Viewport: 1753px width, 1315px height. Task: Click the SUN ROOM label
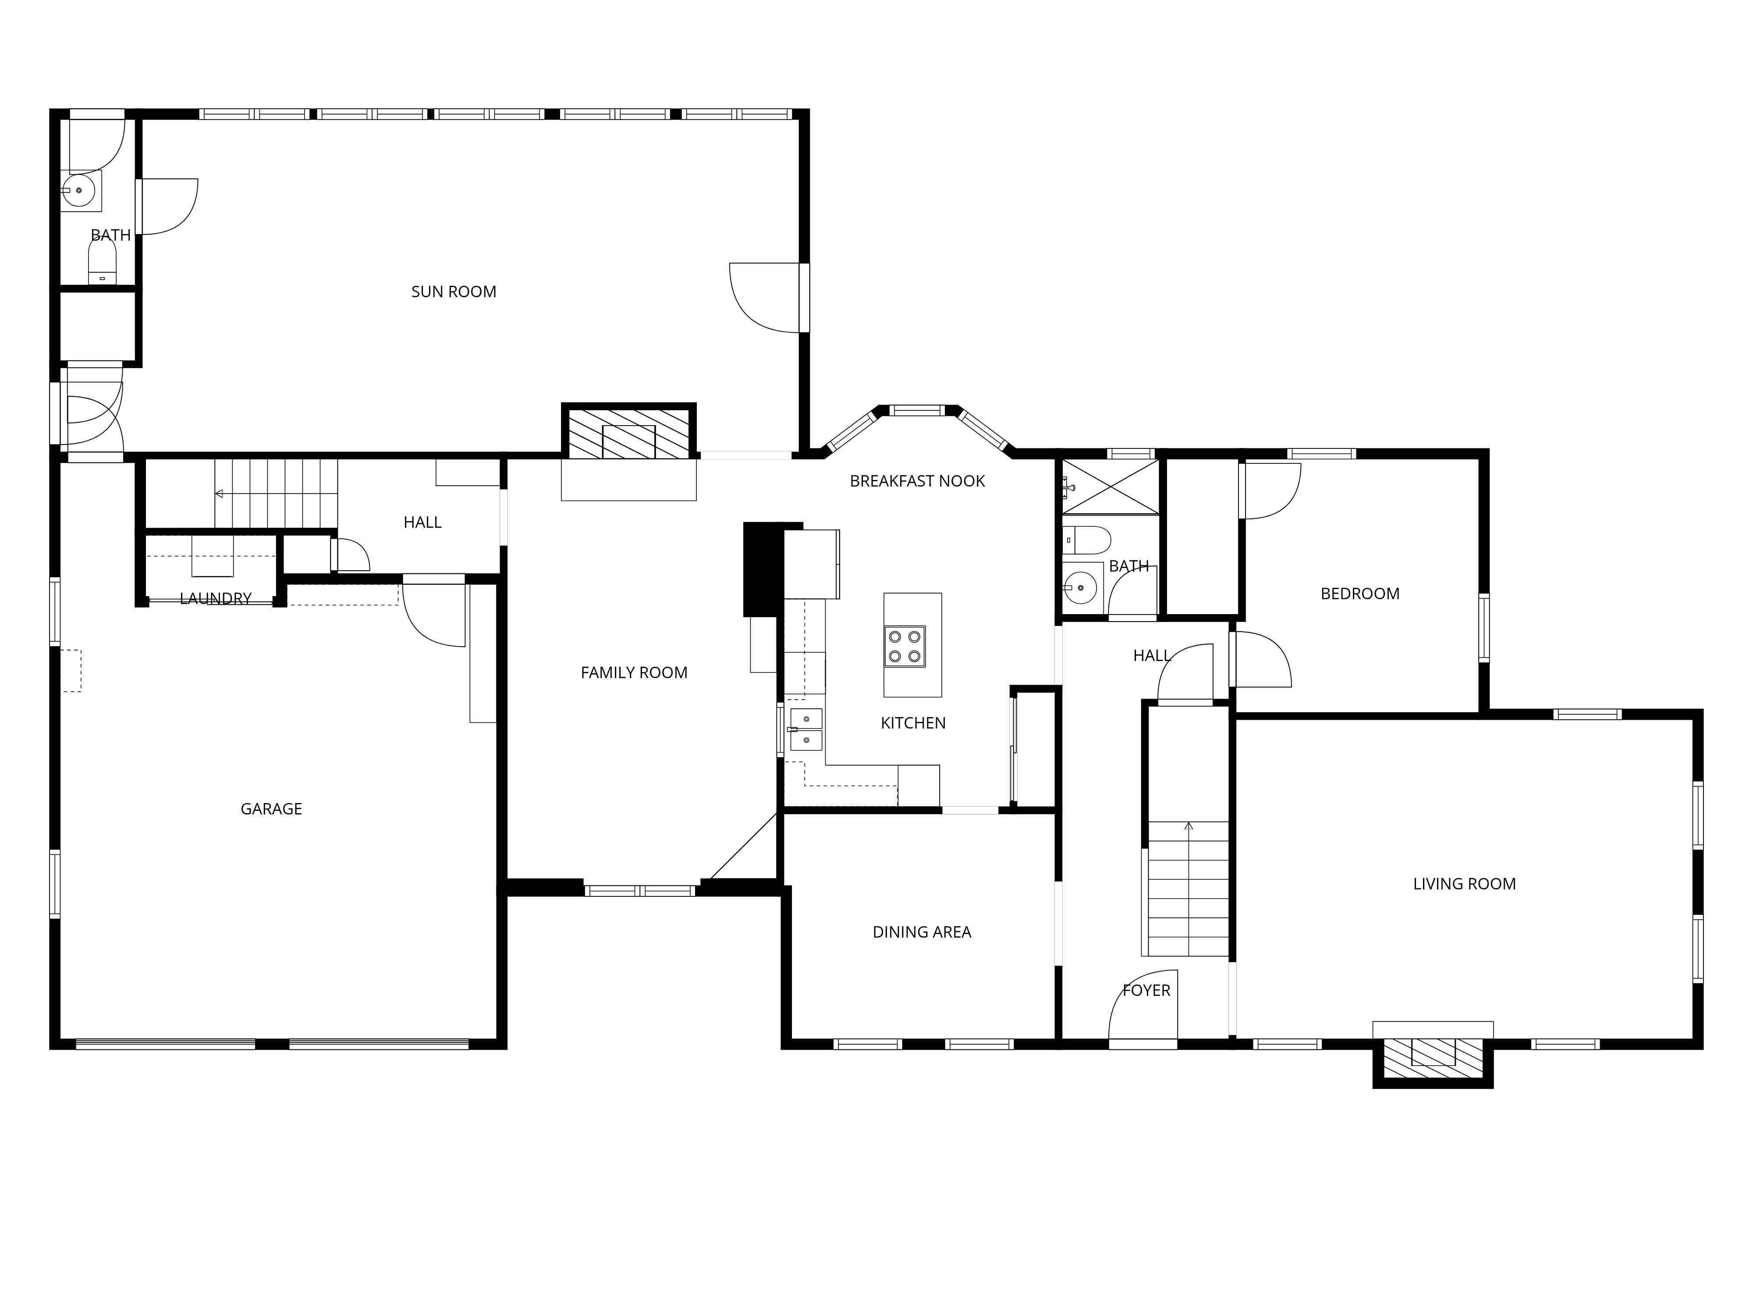pyautogui.click(x=453, y=291)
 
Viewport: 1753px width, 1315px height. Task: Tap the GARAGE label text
pyautogui.click(x=271, y=808)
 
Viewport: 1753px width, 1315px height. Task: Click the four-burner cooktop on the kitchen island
pyautogui.click(x=904, y=646)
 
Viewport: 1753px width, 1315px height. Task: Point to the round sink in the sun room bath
pyautogui.click(x=79, y=190)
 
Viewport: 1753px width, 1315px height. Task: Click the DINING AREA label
pyautogui.click(x=922, y=932)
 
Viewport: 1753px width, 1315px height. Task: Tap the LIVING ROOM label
pyautogui.click(x=1464, y=884)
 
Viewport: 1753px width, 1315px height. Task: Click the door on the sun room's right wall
pyautogui.click(x=765, y=297)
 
